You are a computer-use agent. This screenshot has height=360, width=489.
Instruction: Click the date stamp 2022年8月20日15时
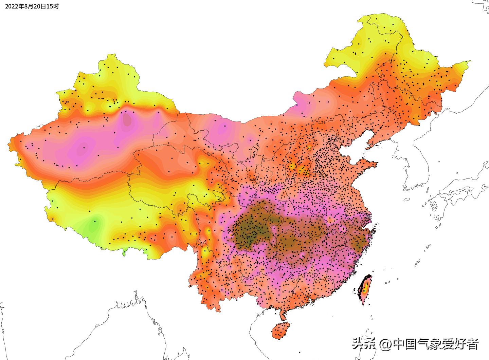pyautogui.click(x=32, y=6)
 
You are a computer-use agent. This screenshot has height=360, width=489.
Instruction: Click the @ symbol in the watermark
pyautogui.click(x=385, y=344)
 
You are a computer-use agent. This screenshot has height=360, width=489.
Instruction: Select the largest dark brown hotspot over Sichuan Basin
pyautogui.click(x=251, y=226)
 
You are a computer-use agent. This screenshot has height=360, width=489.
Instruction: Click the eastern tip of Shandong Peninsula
pyautogui.click(x=376, y=165)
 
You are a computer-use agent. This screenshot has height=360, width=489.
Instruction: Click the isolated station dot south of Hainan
pyautogui.click(x=300, y=353)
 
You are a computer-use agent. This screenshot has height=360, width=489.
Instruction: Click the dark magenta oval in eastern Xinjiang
pyautogui.click(x=127, y=119)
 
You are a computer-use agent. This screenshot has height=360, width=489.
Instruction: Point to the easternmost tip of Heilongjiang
pyautogui.click(x=469, y=61)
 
